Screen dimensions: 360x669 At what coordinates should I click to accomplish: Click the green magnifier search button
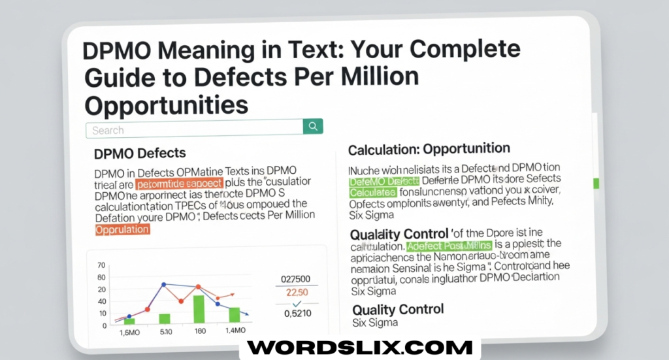(x=314, y=127)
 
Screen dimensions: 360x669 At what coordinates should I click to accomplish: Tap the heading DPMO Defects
(x=140, y=154)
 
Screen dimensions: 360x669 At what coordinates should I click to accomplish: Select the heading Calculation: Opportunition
(x=429, y=150)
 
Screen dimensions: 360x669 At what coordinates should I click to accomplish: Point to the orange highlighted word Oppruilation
(x=123, y=229)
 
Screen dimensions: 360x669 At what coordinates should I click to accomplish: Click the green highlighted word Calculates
(x=372, y=193)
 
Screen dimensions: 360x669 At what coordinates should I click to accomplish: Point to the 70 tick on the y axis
(x=101, y=265)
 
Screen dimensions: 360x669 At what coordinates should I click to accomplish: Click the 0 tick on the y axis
(x=103, y=325)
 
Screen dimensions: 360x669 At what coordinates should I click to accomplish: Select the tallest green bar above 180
(x=199, y=310)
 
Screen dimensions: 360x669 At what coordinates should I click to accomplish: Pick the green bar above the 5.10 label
(x=165, y=319)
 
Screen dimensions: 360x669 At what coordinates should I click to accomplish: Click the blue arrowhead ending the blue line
(x=248, y=316)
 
